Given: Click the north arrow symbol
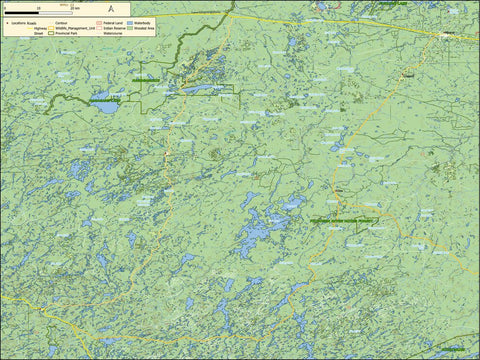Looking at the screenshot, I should point(109,9).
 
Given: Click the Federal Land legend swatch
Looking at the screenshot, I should point(96,20).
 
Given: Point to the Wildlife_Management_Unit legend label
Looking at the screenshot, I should point(75,29).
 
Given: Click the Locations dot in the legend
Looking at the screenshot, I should point(5,20).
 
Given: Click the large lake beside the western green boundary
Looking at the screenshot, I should point(103,102).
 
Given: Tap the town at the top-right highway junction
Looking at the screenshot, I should point(446,35).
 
